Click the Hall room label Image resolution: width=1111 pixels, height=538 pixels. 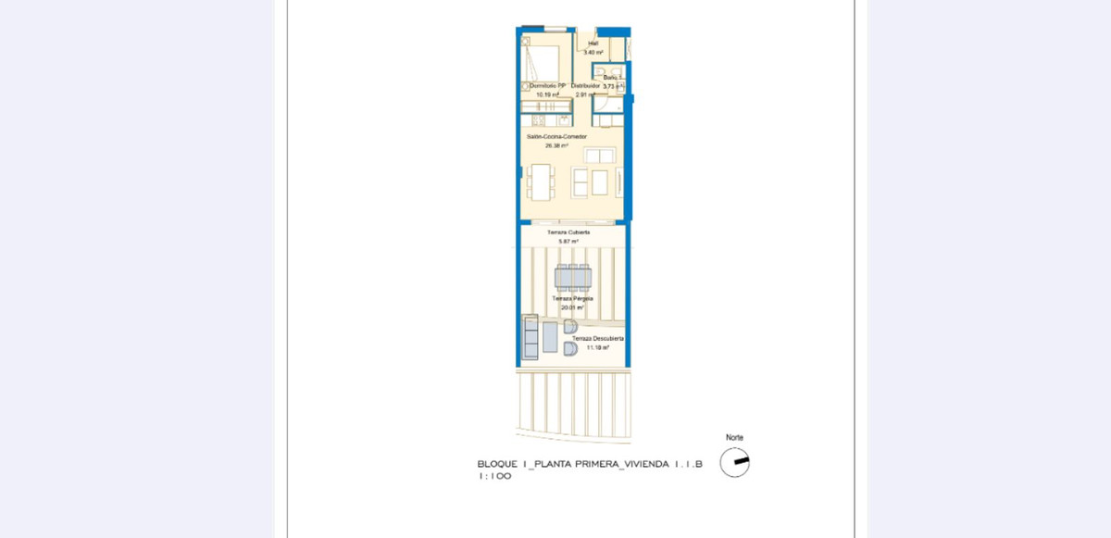pyautogui.click(x=593, y=44)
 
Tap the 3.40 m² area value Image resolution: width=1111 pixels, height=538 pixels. pyautogui.click(x=593, y=53)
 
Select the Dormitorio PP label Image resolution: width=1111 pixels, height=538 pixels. pyautogui.click(x=547, y=85)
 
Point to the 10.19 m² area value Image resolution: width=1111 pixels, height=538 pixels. pyautogui.click(x=547, y=94)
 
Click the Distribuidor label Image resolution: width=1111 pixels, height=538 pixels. pyautogui.click(x=585, y=85)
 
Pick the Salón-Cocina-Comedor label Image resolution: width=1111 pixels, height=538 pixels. pyautogui.click(x=556, y=136)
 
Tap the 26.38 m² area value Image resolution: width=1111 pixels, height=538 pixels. pyautogui.click(x=556, y=145)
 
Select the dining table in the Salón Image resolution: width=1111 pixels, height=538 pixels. pyautogui.click(x=539, y=181)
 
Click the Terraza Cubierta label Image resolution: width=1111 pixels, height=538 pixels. pyautogui.click(x=568, y=232)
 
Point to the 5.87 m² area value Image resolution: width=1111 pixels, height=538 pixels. pyautogui.click(x=568, y=242)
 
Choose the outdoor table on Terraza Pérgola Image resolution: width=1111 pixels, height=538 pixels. pyautogui.click(x=573, y=277)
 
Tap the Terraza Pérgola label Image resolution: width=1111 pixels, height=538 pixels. pyautogui.click(x=573, y=299)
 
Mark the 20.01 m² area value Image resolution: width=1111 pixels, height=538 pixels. pyautogui.click(x=573, y=308)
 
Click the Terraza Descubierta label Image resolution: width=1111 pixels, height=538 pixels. pyautogui.click(x=597, y=339)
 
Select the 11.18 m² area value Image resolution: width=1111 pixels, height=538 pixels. pyautogui.click(x=597, y=348)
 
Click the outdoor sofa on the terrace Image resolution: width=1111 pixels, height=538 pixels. pyautogui.click(x=531, y=338)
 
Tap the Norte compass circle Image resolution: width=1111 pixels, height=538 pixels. pyautogui.click(x=735, y=461)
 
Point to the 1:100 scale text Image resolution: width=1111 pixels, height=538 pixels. pyautogui.click(x=494, y=476)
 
